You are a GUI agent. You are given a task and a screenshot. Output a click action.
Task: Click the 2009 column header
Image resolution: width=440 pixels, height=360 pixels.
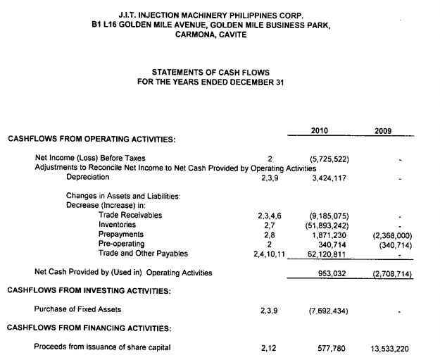click(x=384, y=130)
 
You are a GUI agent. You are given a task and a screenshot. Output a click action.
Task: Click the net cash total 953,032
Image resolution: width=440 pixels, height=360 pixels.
click(x=332, y=272)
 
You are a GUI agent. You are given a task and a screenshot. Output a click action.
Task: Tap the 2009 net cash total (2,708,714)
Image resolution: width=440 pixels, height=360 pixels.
click(x=389, y=272)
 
